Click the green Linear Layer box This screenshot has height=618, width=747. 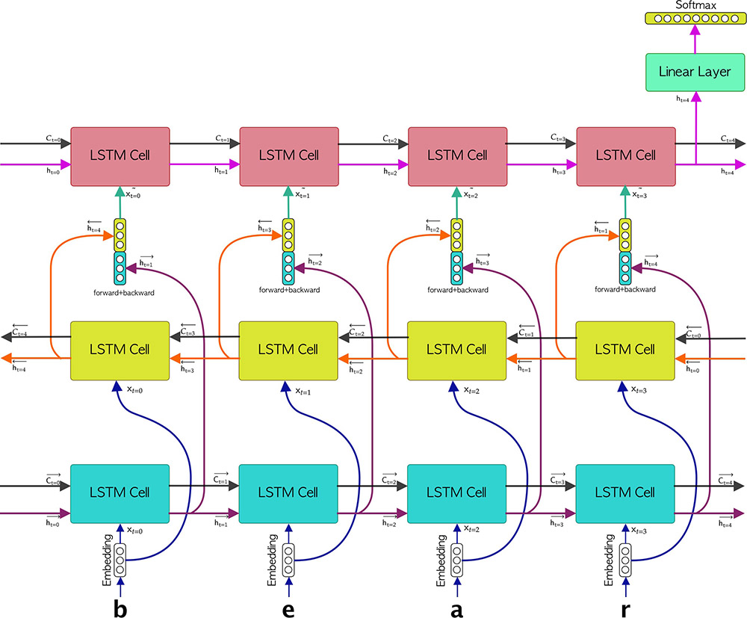click(x=695, y=72)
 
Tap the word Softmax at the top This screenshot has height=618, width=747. click(x=695, y=4)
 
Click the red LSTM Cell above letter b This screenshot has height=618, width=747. click(x=120, y=155)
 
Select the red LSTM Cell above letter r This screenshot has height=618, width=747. click(x=625, y=155)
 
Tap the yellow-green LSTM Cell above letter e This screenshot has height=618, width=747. click(x=288, y=350)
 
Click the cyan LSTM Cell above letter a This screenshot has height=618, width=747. click(x=456, y=492)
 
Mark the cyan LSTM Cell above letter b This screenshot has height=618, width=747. click(x=120, y=492)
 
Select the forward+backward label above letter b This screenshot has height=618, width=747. click(x=120, y=292)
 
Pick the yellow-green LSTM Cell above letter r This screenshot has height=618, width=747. click(x=625, y=350)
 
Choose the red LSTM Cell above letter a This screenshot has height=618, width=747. click(x=456, y=155)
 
